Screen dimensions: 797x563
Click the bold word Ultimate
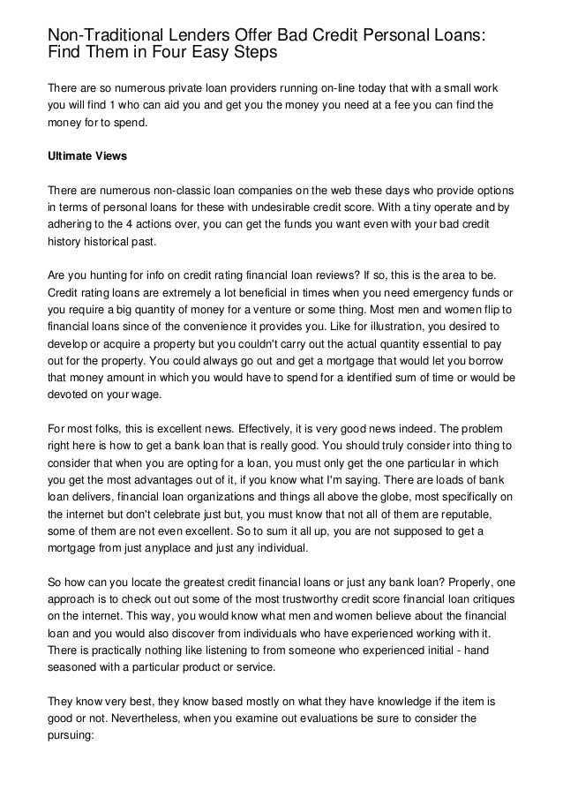[74, 157]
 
